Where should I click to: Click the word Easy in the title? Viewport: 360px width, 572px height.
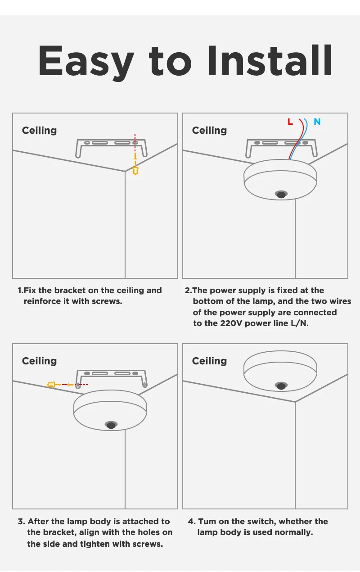pos(86,62)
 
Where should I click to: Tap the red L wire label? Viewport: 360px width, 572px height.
pos(290,122)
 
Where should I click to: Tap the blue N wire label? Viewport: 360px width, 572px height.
pos(317,122)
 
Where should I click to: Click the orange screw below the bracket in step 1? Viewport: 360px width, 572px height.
pos(135,171)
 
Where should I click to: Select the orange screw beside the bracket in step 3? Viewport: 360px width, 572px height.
pos(51,385)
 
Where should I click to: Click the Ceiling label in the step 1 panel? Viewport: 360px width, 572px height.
pos(40,131)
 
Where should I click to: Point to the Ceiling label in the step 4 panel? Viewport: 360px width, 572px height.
pos(209,361)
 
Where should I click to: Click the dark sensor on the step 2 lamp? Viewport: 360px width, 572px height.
pos(281,195)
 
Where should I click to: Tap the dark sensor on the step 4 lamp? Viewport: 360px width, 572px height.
pos(281,386)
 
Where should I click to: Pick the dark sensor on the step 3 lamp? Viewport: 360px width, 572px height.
pos(111,425)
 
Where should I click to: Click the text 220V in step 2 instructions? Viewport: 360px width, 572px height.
pos(231,323)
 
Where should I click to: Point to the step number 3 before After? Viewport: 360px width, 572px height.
pos(21,522)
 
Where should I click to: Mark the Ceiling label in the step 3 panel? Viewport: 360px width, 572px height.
pos(40,361)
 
